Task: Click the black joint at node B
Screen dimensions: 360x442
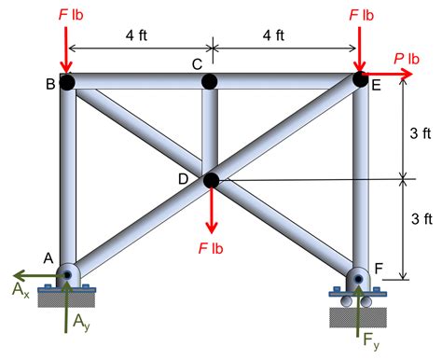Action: pos(68,82)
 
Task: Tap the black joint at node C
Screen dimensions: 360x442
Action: pos(211,82)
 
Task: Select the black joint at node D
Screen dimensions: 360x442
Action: pos(212,180)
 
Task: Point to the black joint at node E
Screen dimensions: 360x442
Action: pos(360,80)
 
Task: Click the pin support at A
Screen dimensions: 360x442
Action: pos(69,276)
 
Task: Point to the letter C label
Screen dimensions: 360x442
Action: pos(196,64)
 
